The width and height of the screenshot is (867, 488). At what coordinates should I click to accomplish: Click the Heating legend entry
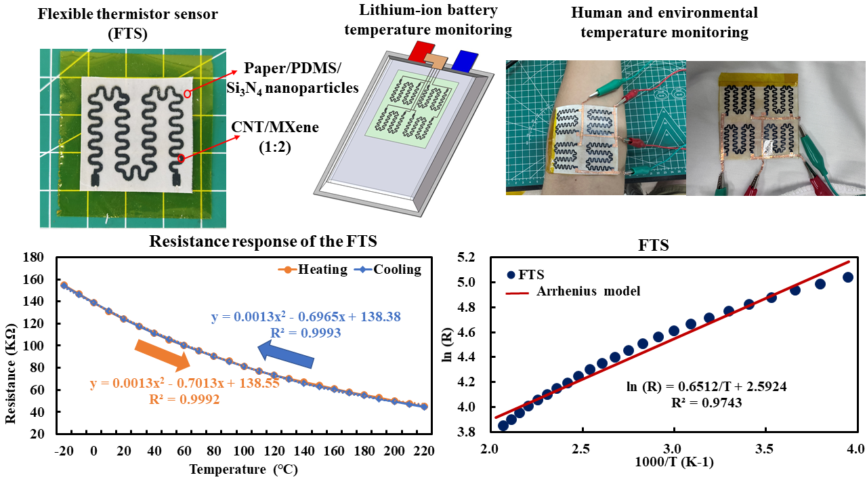[312, 269]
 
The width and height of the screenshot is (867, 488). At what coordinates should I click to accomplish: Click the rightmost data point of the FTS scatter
[847, 277]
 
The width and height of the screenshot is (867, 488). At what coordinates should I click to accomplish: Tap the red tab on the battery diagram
[419, 51]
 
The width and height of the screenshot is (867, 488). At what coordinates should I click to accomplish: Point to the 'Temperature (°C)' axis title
[243, 469]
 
